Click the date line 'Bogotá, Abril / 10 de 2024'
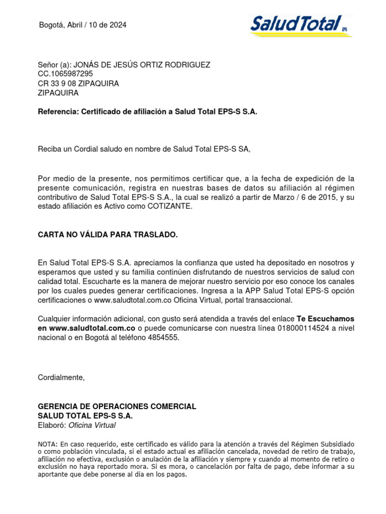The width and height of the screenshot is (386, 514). click(83, 25)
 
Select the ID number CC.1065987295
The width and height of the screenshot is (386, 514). click(65, 74)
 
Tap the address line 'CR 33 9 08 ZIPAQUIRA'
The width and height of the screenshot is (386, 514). click(78, 83)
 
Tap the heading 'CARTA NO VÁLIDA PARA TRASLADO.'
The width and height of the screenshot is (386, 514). click(108, 234)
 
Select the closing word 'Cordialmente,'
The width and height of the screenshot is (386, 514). click(62, 378)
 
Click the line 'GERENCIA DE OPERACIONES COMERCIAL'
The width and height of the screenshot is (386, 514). click(117, 406)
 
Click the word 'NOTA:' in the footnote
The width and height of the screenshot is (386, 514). click(48, 444)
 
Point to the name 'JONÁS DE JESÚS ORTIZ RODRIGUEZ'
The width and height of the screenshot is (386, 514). click(142, 65)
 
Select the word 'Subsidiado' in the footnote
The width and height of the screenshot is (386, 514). click(338, 444)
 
